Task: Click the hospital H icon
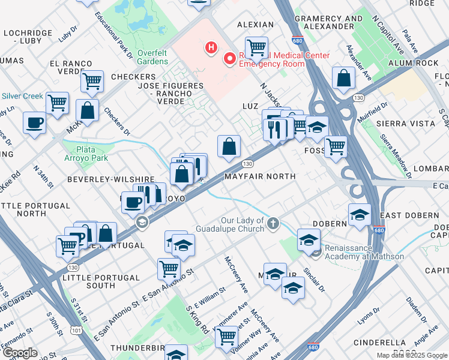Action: point(211,47)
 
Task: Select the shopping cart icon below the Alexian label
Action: point(256,46)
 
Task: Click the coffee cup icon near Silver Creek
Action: point(34,123)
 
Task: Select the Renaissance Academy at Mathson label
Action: point(364,252)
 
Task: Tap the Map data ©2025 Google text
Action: point(411,355)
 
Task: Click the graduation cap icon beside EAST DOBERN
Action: point(359,214)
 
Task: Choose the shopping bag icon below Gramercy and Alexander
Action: point(343,78)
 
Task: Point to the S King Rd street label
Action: point(197,320)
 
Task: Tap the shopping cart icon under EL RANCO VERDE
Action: point(92,80)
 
